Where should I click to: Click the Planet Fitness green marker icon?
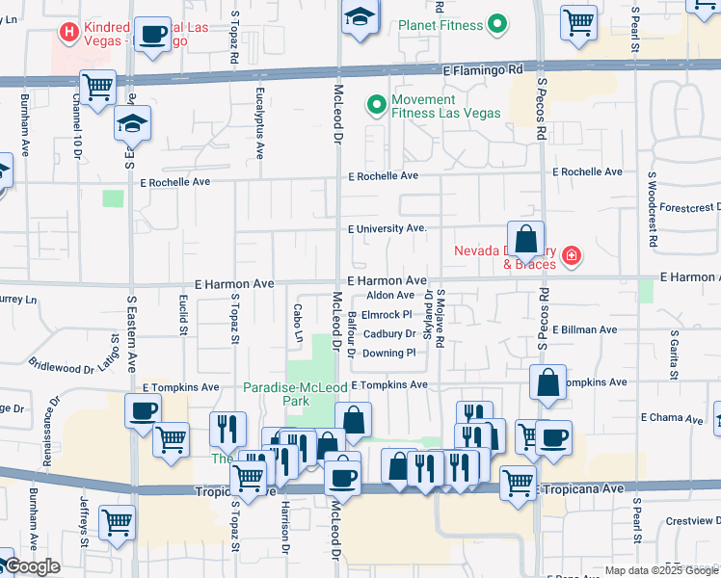pos(497,24)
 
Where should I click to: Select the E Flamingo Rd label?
pos(483,70)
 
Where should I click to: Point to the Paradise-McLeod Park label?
pos(294,393)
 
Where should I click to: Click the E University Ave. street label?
pos(387,228)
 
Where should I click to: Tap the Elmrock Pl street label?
pos(388,315)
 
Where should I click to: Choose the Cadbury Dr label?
pos(389,334)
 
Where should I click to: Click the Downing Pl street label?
pos(389,354)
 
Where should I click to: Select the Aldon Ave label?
pos(390,295)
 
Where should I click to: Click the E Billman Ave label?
pos(583,329)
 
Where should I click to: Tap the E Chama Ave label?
pos(671,418)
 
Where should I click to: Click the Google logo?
pos(32,566)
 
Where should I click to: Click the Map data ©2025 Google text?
pos(660,570)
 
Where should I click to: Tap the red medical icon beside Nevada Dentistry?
pos(572,255)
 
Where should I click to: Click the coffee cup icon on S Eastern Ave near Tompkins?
pos(143,411)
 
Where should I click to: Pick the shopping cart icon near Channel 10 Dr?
pos(98,87)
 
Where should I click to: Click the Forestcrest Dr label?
pos(687,206)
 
